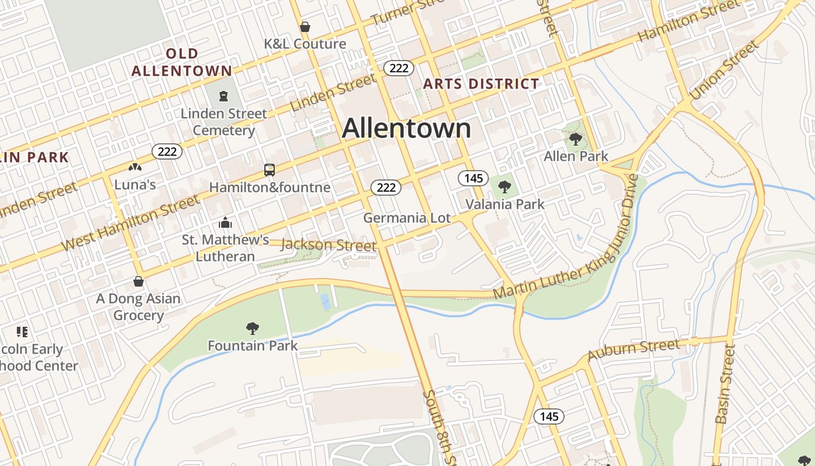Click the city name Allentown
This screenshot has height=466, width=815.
(406, 128)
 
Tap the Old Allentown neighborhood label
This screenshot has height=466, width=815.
(182, 62)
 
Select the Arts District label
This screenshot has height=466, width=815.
(481, 83)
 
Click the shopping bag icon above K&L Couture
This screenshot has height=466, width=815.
(304, 27)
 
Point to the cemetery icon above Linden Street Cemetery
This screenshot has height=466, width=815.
(224, 96)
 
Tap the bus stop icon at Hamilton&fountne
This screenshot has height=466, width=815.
(269, 170)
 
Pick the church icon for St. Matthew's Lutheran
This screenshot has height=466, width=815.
(225, 223)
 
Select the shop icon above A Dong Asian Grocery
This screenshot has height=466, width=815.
(139, 281)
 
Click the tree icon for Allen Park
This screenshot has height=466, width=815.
(576, 139)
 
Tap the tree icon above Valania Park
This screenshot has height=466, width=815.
(505, 187)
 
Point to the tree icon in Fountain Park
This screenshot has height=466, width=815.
(253, 329)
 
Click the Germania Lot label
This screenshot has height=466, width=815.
(407, 218)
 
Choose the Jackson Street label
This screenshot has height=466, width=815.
(328, 245)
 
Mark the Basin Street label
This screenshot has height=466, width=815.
(725, 384)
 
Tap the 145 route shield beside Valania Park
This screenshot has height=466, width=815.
(473, 178)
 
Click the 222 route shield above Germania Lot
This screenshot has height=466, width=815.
(386, 188)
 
